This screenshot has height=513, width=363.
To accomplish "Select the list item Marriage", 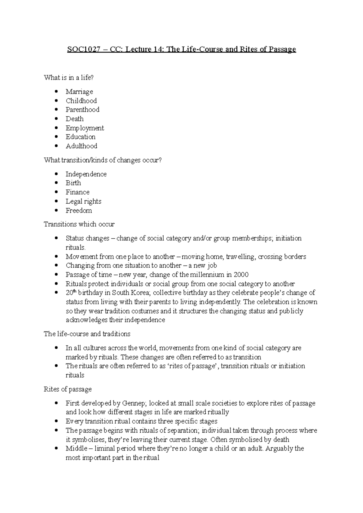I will [79, 92].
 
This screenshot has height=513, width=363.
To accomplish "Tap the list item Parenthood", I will [82, 110].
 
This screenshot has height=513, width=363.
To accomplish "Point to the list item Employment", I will [85, 128].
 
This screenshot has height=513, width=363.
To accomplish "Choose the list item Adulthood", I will [81, 146].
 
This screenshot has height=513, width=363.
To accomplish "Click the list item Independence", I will [86, 174].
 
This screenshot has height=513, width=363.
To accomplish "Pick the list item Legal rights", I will [83, 201].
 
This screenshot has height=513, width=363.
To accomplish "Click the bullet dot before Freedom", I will [56, 210].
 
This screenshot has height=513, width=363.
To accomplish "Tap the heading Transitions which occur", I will [79, 224].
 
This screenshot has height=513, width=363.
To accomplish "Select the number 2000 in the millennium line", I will [241, 275].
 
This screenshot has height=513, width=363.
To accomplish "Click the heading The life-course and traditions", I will [87, 334].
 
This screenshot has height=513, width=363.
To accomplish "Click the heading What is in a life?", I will [69, 78].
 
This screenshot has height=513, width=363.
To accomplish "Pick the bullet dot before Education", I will [56, 137].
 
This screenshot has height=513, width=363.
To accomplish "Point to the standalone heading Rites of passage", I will [67, 389].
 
